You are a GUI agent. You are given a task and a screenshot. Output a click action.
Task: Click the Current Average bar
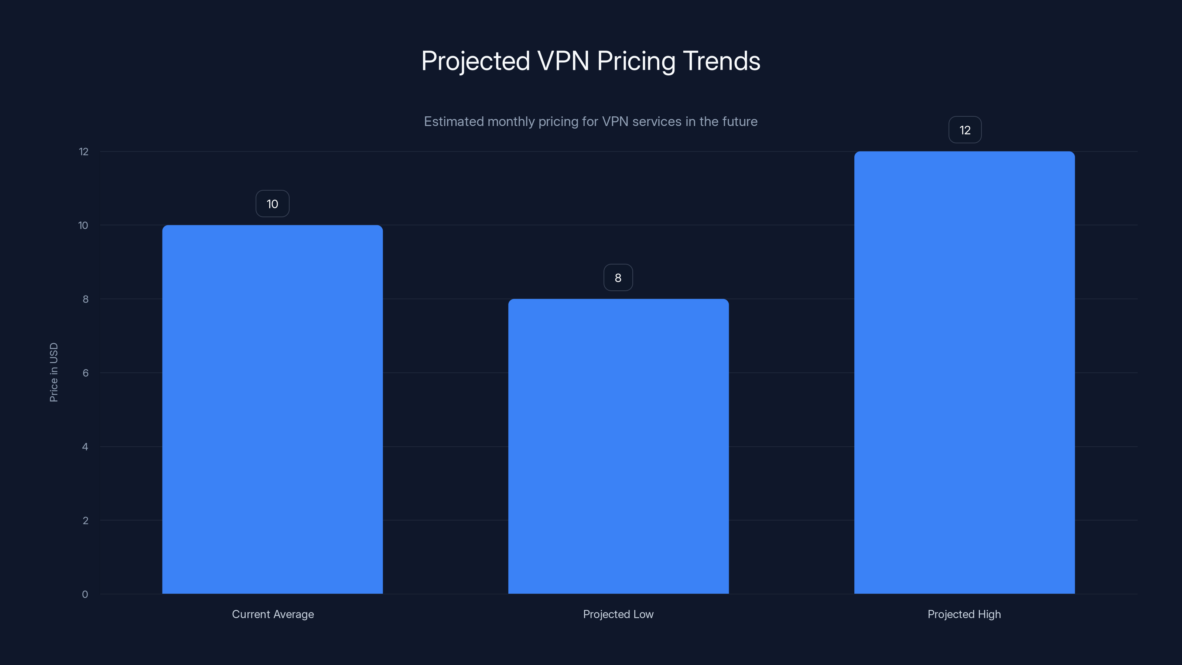272,409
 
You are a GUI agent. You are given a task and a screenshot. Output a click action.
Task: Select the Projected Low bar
618,446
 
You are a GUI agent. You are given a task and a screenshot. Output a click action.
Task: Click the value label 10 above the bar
272,204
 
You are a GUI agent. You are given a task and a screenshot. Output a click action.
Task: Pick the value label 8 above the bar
618,278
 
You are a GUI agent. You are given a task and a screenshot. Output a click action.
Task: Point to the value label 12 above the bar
964,130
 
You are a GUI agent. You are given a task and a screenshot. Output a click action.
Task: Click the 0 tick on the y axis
85,594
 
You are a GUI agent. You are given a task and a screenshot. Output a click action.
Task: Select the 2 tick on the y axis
85,521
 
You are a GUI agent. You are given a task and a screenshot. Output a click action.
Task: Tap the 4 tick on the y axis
85,447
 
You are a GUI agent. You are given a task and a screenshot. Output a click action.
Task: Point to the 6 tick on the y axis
85,373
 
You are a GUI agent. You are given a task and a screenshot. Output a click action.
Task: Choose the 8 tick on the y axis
85,299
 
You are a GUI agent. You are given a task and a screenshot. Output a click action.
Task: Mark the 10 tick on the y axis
83,225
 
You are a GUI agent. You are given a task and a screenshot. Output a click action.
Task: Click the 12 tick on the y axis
83,151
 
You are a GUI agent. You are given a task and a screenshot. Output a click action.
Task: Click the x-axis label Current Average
273,614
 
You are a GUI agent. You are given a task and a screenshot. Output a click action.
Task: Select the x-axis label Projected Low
618,614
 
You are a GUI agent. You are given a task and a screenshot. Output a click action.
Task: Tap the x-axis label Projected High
964,614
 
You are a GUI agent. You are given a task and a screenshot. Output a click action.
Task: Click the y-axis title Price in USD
54,372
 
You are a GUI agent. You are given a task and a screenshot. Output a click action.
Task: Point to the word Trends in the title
721,61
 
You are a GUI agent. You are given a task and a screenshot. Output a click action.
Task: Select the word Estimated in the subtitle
453,122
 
